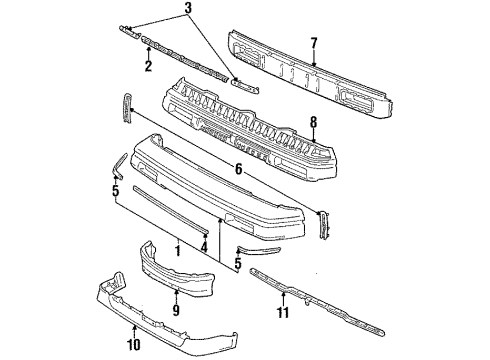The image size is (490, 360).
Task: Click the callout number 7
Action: pos(314,44)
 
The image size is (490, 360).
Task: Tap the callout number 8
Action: pos(313,123)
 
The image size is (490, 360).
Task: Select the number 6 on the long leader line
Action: pos(238,169)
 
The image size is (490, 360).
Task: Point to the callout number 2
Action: pos(148,66)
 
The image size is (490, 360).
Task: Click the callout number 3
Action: pos(188,8)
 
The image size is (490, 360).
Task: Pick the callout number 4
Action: pos(204,247)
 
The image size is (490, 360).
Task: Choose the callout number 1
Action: pos(178,250)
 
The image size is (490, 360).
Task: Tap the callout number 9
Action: pos(176,310)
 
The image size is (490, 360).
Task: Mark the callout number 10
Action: pos(134,345)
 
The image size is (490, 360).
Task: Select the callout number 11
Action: pos(283,313)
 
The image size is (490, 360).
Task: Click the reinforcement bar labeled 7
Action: pos(310,75)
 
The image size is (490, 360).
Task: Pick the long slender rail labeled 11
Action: pos(317,301)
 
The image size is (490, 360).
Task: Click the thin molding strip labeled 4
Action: pos(171,210)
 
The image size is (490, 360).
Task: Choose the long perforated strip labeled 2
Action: pos(185,59)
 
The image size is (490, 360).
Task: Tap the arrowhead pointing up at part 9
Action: pos(176,292)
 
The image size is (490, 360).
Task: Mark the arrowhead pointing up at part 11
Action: pos(283,294)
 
